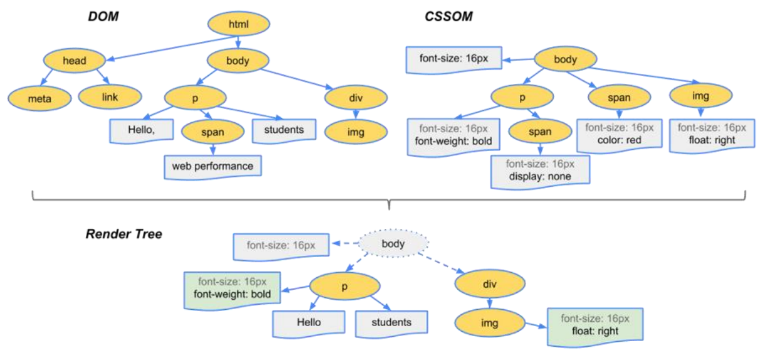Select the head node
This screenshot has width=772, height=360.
[75, 60]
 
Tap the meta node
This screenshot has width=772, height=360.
[39, 98]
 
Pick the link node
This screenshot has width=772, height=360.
[110, 97]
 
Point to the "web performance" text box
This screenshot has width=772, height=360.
[213, 166]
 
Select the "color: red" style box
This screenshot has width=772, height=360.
[619, 134]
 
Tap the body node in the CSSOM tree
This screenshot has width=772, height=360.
[565, 61]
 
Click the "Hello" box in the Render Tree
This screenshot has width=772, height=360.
[309, 322]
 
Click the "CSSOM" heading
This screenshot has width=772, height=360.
[448, 16]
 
